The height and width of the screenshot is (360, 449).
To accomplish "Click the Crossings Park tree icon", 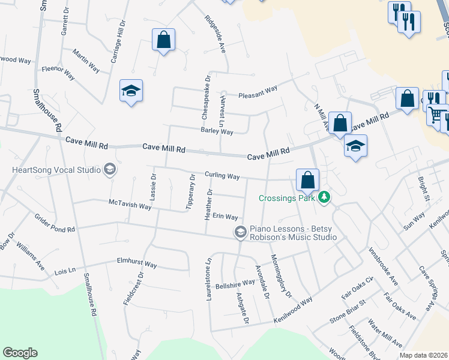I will pos(325,197).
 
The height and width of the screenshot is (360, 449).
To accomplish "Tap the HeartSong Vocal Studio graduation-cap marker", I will pos(109,170).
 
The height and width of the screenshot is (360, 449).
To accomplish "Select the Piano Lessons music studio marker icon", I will pos(240,232).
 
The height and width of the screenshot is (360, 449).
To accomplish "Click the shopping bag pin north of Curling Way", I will pos(307,179).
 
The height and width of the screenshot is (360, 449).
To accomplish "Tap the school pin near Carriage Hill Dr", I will pos(131,91).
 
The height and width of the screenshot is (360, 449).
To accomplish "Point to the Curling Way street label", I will pos(222,176).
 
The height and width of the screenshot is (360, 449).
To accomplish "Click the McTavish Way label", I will pos(130,205).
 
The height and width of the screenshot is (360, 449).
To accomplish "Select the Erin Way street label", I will pos(225,217).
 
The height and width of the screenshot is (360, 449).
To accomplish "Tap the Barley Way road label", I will pos(217,131).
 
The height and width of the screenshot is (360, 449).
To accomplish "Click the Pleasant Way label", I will pos(258,92).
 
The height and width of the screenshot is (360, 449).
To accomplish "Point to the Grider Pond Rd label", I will pos(55,223).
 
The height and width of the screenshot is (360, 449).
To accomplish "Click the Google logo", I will pos(20,353).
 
